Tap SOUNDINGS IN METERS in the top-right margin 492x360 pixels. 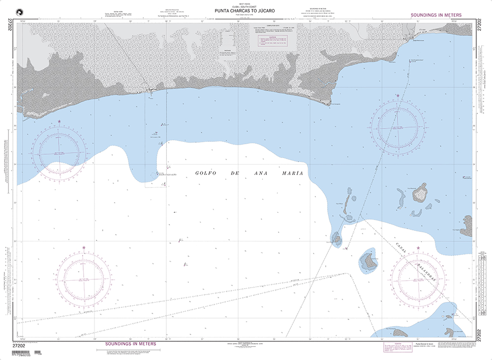point(435,16)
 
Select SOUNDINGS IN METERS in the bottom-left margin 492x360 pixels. point(130,344)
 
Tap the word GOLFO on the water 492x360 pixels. point(206,173)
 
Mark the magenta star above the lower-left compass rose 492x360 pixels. point(84,247)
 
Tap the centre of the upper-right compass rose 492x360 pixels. point(398,127)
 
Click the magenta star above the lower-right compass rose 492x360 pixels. point(418,248)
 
